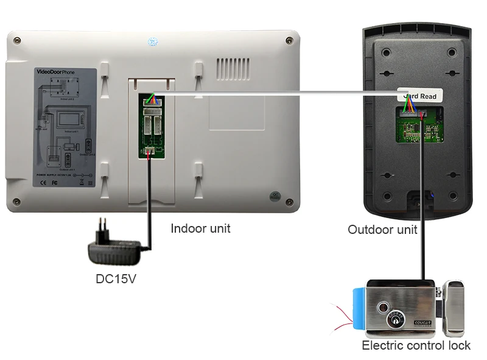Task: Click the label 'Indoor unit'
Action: pyautogui.click(x=200, y=229)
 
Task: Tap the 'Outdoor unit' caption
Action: pyautogui.click(x=382, y=230)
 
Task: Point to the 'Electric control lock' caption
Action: pyautogui.click(x=416, y=345)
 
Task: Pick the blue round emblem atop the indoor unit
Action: pyautogui.click(x=152, y=42)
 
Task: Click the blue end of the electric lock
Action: pyautogui.click(x=360, y=309)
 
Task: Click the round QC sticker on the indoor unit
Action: pyautogui.click(x=275, y=197)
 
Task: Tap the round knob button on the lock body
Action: pyautogui.click(x=384, y=308)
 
